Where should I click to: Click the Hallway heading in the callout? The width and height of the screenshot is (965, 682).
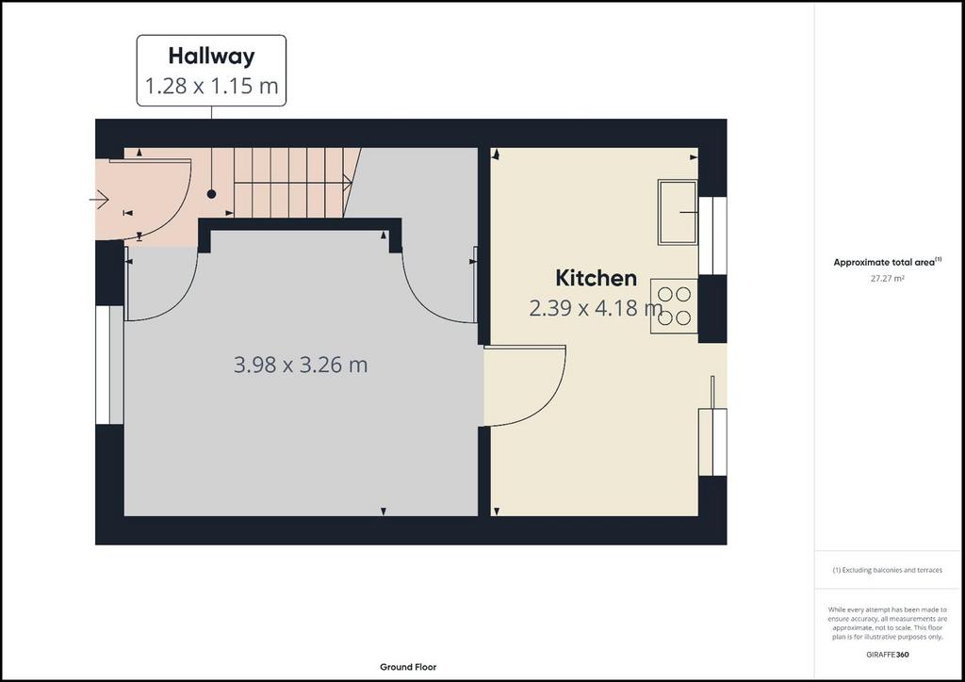click(x=211, y=56)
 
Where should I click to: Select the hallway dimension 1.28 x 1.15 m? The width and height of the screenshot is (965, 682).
click(x=211, y=86)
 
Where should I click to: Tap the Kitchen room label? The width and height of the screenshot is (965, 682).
click(x=596, y=278)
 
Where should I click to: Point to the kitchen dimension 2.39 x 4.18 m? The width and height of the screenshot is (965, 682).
click(x=596, y=307)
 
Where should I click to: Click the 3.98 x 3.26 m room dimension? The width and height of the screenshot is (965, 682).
click(x=301, y=365)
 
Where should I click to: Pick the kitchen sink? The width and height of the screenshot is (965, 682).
click(x=678, y=212)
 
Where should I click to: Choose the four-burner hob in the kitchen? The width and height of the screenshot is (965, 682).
click(x=675, y=306)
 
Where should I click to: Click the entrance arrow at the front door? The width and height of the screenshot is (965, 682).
click(x=99, y=200)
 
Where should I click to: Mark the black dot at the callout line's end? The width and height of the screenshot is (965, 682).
click(x=211, y=194)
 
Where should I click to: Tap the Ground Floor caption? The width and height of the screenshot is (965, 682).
click(x=408, y=667)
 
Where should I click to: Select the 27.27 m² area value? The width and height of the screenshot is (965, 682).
click(x=887, y=278)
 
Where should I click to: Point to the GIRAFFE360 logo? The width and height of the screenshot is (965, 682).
click(x=887, y=655)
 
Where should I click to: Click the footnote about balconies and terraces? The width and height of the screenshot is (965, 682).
click(x=887, y=570)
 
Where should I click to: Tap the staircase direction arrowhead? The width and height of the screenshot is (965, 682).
click(x=349, y=183)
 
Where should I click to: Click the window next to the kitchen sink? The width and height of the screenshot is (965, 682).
click(x=712, y=235)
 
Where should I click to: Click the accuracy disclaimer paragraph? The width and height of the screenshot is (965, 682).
click(x=887, y=623)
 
